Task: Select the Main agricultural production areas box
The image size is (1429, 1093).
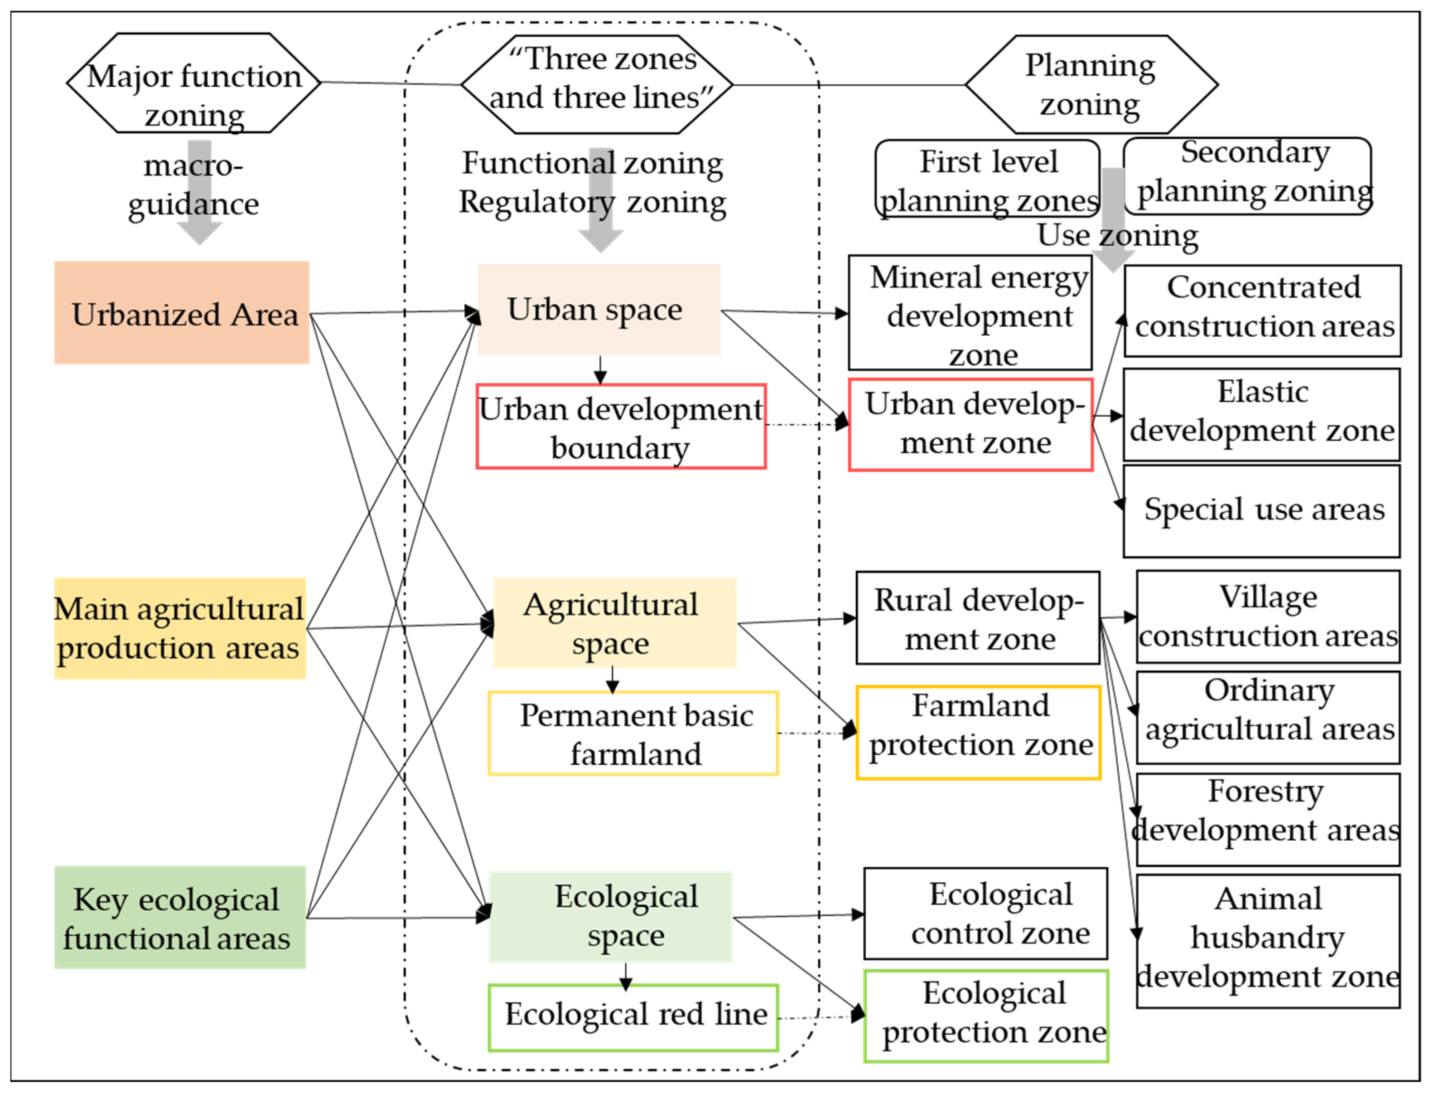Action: (179, 628)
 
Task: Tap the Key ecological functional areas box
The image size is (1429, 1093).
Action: (179, 918)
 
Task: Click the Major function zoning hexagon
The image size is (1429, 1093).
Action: (194, 83)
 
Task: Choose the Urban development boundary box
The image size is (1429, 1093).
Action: (621, 427)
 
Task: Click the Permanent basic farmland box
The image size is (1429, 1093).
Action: (633, 733)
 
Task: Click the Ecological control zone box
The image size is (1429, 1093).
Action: (985, 913)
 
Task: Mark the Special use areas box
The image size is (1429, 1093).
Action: (1261, 511)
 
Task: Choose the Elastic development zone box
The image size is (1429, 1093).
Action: (1261, 414)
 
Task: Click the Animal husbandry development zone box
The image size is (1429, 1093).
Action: (1268, 941)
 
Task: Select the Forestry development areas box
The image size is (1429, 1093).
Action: (1268, 820)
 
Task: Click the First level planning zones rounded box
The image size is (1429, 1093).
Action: (987, 180)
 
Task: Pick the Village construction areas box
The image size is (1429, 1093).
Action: (1268, 617)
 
